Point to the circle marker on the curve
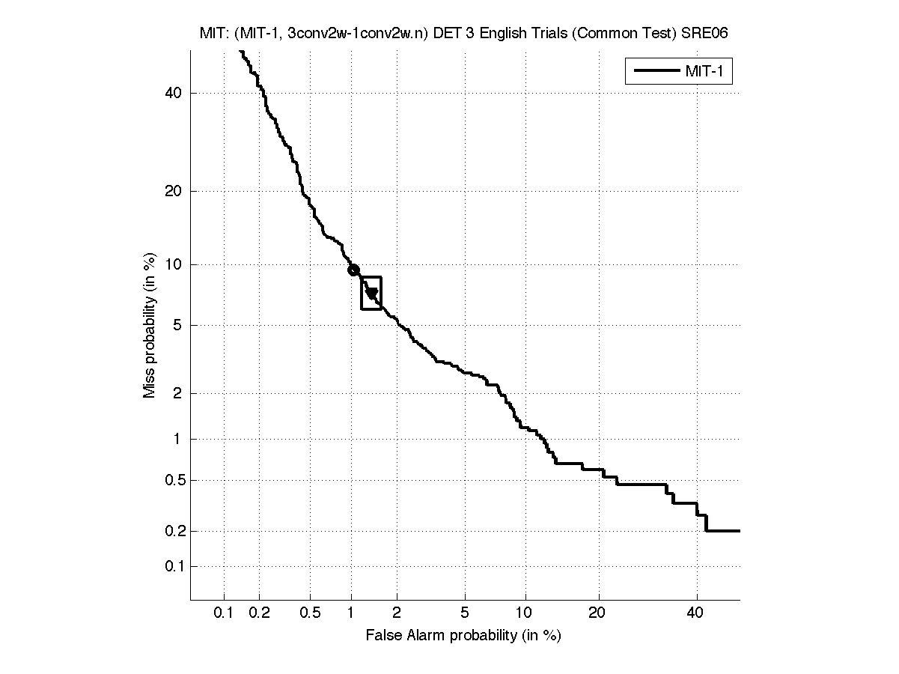click(x=354, y=270)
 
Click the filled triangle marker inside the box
click(x=371, y=294)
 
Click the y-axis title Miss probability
click(x=150, y=324)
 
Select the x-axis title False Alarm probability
click(x=463, y=636)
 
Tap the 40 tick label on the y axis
click(x=174, y=93)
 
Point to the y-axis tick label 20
click(x=174, y=191)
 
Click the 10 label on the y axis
click(x=174, y=264)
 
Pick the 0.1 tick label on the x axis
click(x=224, y=613)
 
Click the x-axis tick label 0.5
click(x=311, y=613)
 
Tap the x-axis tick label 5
click(x=465, y=613)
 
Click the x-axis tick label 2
click(x=397, y=613)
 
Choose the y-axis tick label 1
click(x=177, y=439)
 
